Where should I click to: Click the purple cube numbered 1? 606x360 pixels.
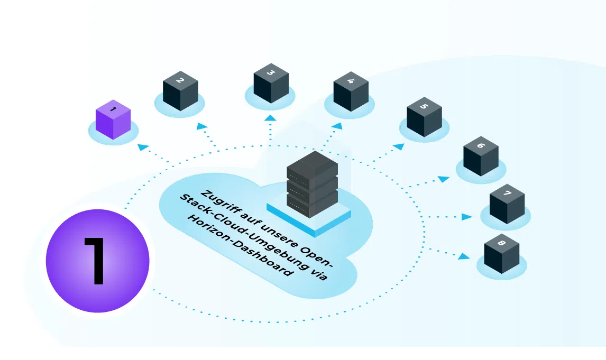tap(113, 119)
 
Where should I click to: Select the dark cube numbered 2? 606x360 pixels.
tap(180, 91)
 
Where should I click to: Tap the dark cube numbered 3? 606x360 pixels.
tap(271, 83)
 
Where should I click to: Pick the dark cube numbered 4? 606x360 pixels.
tap(351, 91)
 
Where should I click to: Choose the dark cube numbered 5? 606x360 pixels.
tap(424, 117)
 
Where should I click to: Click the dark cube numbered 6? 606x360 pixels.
tap(481, 156)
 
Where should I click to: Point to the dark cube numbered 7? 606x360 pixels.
tap(507, 204)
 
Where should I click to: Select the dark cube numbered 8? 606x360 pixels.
tap(502, 254)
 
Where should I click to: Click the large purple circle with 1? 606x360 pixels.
tap(97, 261)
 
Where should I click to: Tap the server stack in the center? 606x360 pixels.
tap(313, 184)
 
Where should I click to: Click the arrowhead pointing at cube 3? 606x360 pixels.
tap(271, 118)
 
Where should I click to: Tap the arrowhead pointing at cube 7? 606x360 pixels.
tap(467, 217)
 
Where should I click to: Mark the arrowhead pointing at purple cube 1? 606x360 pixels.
tap(143, 147)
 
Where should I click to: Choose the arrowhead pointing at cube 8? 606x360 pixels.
tap(464, 256)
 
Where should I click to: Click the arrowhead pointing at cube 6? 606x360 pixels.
tap(444, 179)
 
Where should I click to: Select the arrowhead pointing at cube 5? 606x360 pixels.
tap(399, 146)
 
